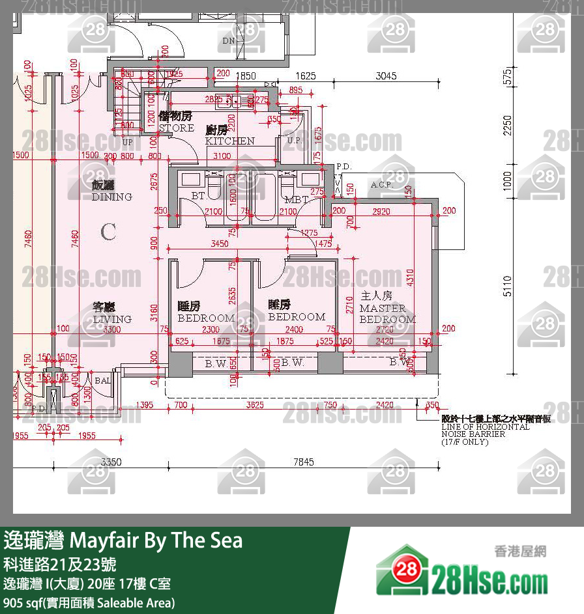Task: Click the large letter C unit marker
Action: point(108,231)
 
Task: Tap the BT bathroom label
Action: point(198,196)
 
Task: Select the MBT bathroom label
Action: point(296,199)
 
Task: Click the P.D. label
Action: point(344,167)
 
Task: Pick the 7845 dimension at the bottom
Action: point(303,462)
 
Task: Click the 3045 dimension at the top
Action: point(386,76)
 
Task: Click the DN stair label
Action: point(228,41)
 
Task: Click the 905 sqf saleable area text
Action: point(89,602)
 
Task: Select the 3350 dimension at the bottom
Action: point(112,462)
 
